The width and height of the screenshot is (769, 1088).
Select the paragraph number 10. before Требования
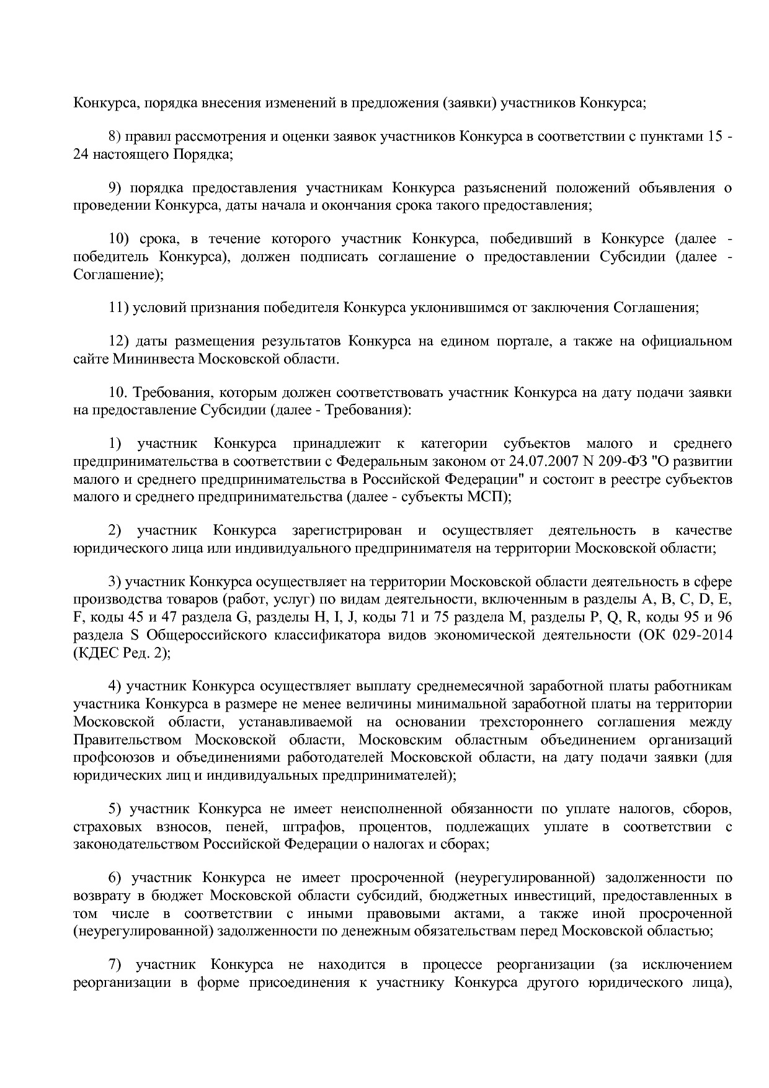point(118,393)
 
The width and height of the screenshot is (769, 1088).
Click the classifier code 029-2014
point(702,635)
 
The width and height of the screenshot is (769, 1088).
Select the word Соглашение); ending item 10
point(118,274)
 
